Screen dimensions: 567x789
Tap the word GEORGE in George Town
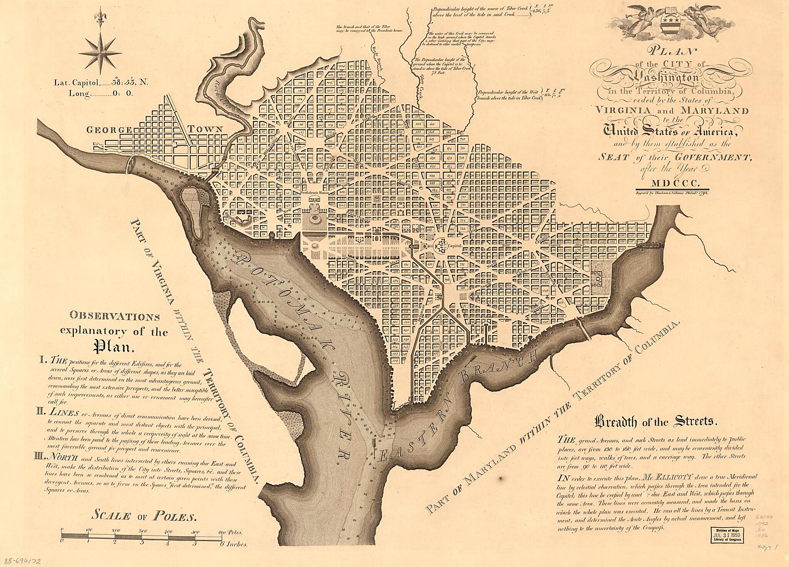tap(109, 130)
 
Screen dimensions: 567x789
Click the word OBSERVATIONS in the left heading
tap(114, 317)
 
